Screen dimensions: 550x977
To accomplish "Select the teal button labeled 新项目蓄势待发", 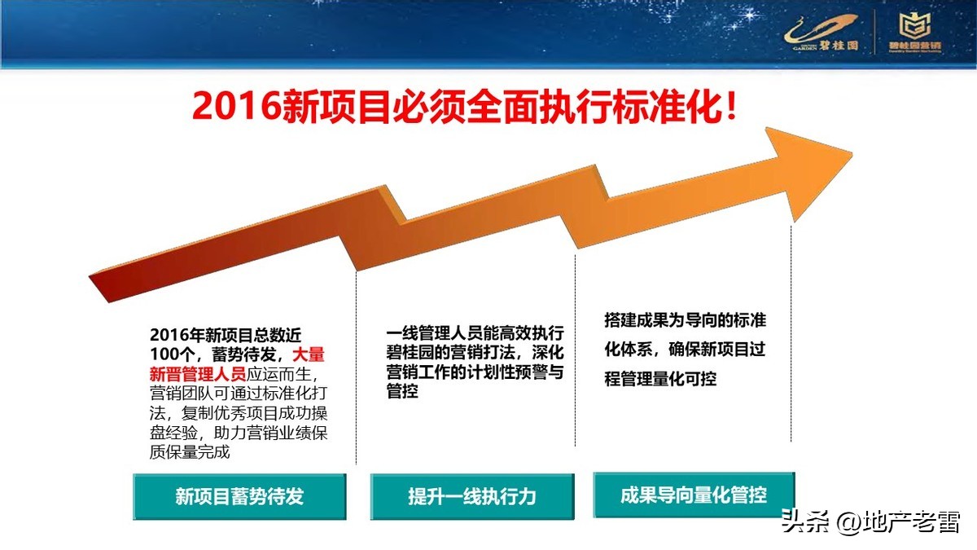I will click(239, 496).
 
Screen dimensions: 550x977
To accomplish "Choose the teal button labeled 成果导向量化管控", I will click(694, 494).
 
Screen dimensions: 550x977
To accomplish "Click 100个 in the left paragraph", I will click(173, 354).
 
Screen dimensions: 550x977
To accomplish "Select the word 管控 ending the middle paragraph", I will click(402, 392).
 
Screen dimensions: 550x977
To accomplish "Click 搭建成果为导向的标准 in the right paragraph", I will click(685, 320).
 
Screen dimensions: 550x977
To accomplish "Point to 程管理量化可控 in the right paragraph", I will click(660, 379).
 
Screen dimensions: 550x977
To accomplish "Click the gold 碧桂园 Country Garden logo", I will click(822, 33).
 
